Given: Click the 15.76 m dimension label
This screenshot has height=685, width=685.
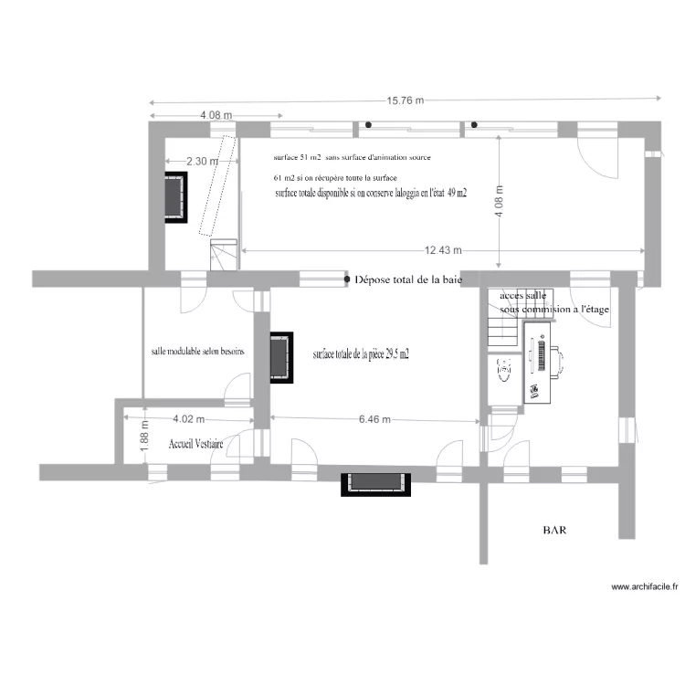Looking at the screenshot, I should point(405,101).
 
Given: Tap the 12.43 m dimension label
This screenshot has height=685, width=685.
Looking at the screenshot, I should point(444,250).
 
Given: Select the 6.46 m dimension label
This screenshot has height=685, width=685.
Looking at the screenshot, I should point(374,420).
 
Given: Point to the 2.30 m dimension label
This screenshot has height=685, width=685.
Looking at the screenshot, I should point(203,162).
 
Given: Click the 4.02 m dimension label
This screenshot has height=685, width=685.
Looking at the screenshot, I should point(188,420).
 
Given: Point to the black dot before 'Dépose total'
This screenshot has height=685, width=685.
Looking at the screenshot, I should point(346,279).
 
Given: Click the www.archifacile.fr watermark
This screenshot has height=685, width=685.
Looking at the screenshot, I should point(644,587).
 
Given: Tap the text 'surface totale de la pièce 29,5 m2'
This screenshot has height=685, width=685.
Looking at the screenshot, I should point(360,354).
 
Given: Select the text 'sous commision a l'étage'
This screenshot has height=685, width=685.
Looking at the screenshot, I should point(554,310).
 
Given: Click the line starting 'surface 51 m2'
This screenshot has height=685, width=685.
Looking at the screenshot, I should point(351,157).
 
